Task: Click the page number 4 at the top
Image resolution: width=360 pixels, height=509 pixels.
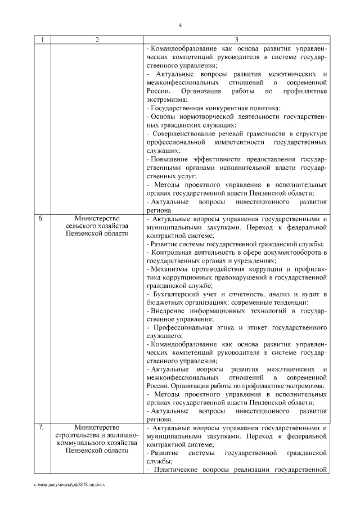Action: (180, 25)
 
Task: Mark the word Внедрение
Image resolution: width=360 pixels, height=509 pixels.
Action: (169, 310)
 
